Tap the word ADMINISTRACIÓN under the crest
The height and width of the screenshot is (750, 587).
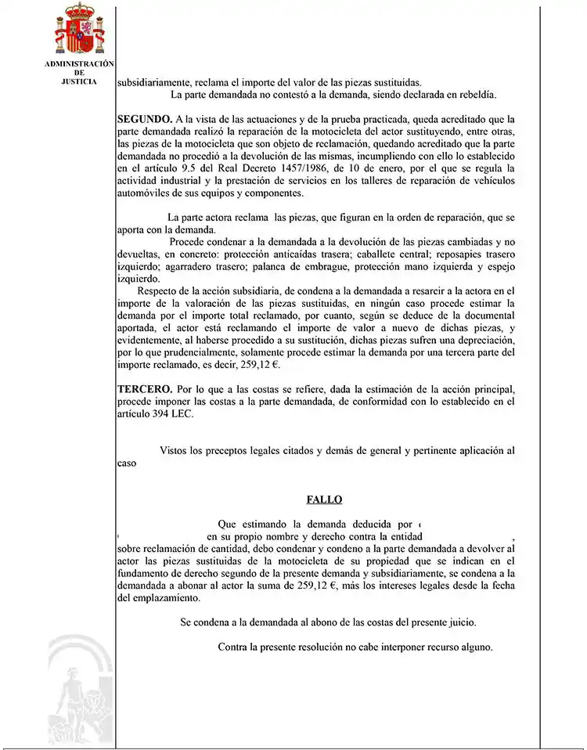(x=79, y=63)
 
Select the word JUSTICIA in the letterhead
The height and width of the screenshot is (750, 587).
(x=79, y=81)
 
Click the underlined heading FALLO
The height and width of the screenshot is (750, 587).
(x=324, y=499)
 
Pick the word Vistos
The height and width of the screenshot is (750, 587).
(x=174, y=451)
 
